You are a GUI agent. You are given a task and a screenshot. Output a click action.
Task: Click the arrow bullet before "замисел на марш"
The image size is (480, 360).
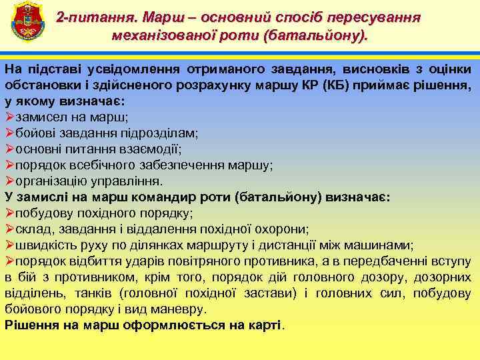coord(9,117)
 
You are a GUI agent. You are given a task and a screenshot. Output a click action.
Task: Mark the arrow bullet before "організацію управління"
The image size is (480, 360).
coord(9,181)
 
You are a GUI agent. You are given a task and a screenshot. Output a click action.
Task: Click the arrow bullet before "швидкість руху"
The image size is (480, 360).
coord(9,245)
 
